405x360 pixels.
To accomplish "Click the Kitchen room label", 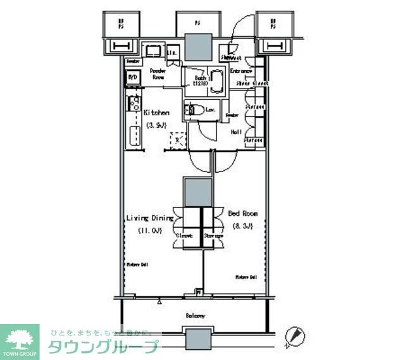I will [x=156, y=113].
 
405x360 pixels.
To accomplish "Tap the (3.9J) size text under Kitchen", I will [x=156, y=125].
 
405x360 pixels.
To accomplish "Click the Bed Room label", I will [x=242, y=214].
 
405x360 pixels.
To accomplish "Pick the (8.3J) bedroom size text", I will [x=242, y=226].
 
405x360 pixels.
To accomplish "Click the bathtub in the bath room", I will [x=217, y=82].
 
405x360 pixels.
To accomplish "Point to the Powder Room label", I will [x=158, y=75].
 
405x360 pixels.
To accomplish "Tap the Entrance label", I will [x=241, y=71].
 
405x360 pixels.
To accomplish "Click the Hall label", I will [x=236, y=132].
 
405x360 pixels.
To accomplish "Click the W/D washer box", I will [x=132, y=78].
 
